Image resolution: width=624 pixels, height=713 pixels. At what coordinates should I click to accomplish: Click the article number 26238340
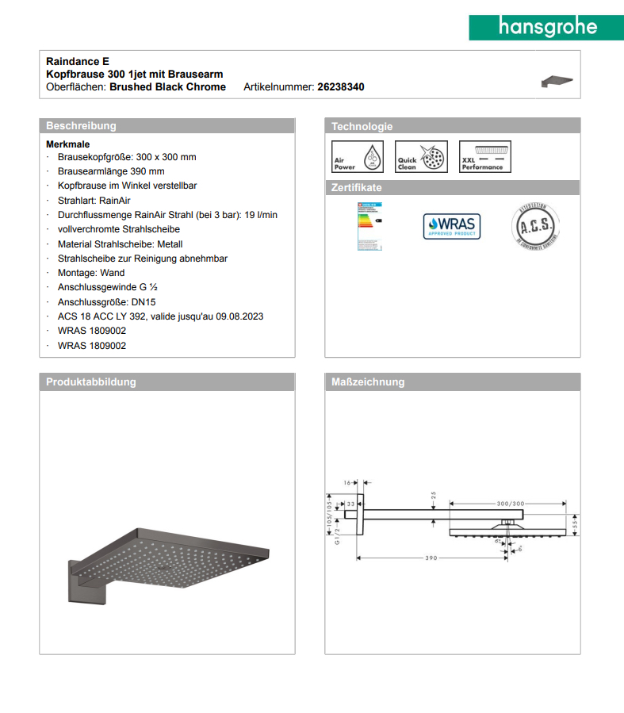click(340, 87)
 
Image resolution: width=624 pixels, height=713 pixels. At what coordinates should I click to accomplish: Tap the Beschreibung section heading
click(81, 126)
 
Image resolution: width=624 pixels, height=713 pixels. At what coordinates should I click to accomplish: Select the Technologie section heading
click(362, 126)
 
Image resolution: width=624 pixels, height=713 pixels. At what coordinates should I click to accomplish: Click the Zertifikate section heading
click(356, 188)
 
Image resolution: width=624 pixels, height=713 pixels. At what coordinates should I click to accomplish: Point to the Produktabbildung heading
click(91, 382)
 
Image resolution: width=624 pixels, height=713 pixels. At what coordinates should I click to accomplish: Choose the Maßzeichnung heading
click(368, 382)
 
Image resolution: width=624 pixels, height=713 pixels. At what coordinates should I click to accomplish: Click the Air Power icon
click(357, 157)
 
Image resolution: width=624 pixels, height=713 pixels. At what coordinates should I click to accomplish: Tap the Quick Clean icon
click(421, 157)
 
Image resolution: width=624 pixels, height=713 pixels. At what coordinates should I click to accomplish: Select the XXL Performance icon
click(485, 157)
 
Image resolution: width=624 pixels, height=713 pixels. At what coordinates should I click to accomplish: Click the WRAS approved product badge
click(450, 226)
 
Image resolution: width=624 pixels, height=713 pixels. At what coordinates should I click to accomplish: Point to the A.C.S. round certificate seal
click(536, 226)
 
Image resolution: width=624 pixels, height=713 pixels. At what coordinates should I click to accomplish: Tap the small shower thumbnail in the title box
click(557, 80)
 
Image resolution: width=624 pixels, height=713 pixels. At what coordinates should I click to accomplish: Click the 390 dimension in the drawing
click(431, 558)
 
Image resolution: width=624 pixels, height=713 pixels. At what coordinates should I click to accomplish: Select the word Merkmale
click(68, 144)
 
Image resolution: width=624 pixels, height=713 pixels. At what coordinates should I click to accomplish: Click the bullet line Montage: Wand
click(91, 273)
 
